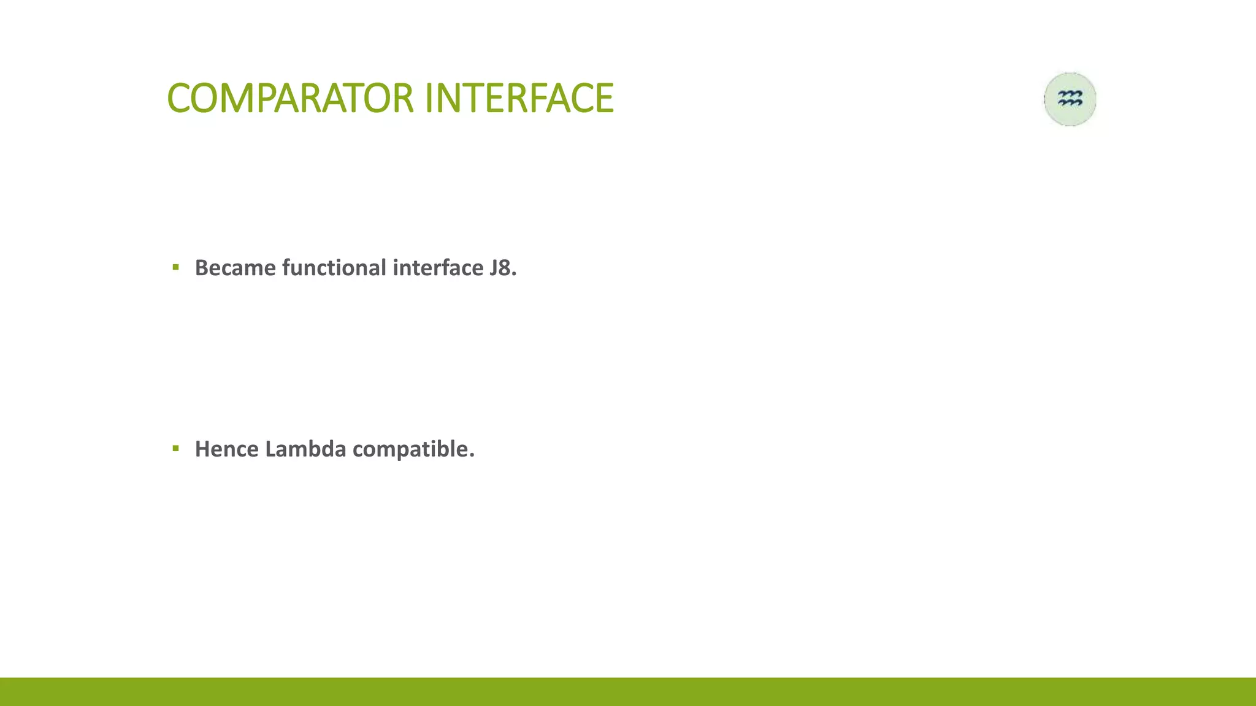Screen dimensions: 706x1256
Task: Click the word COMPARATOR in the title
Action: click(x=291, y=98)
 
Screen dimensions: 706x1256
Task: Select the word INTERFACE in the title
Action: click(x=518, y=98)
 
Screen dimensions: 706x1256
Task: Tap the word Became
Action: click(x=235, y=268)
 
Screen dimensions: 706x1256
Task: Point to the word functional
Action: click(x=334, y=268)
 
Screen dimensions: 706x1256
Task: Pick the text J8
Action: click(x=501, y=268)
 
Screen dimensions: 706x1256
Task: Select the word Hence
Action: click(x=227, y=449)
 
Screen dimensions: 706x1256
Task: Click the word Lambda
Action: click(x=305, y=449)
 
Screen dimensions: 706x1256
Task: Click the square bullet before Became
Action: click(x=176, y=267)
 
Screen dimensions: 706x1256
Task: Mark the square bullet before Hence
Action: click(x=176, y=449)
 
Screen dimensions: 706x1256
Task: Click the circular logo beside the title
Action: click(x=1070, y=99)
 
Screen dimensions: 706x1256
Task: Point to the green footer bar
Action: click(x=628, y=691)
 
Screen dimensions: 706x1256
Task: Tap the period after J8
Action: click(x=515, y=274)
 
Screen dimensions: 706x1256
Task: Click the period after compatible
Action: click(x=472, y=455)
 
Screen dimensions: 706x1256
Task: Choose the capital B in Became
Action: click(x=202, y=268)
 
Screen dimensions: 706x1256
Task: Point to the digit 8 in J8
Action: click(x=505, y=268)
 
